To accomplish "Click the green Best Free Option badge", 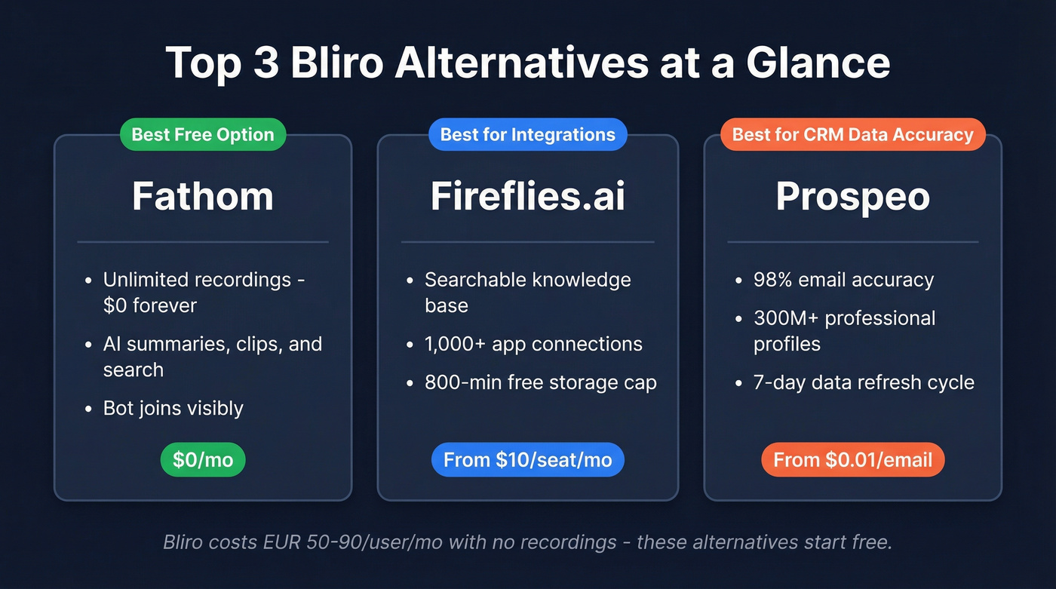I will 203,135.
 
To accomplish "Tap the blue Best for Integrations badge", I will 527,135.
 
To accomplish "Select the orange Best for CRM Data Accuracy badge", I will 852,135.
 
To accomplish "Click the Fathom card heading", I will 203,197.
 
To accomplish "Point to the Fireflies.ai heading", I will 527,197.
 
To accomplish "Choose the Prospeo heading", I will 852,197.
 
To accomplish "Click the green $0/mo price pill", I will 203,460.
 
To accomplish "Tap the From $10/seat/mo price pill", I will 527,460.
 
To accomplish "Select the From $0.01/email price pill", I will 852,460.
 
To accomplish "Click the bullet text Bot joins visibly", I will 173,409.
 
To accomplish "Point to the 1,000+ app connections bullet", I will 533,345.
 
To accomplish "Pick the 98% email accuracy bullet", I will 843,280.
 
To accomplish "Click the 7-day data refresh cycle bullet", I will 864,382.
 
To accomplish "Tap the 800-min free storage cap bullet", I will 540,382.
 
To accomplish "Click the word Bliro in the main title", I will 337,62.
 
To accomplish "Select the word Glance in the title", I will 818,62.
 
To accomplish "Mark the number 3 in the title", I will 266,62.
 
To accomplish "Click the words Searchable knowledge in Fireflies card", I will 527,280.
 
